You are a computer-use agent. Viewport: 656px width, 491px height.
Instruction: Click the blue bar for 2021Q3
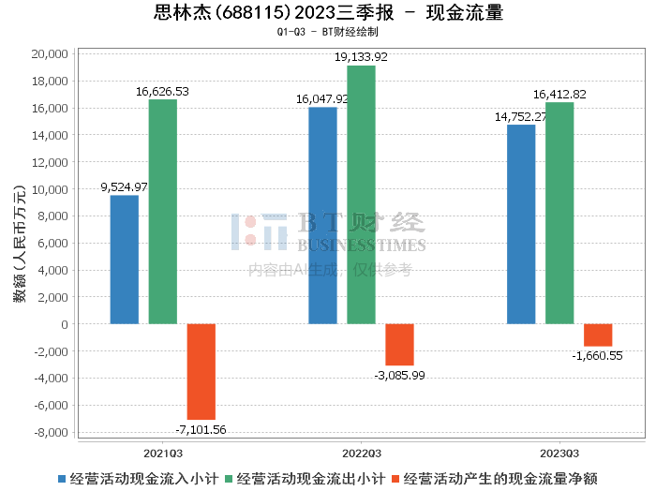click(124, 260)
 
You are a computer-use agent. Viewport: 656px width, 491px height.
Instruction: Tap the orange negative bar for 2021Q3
click(201, 372)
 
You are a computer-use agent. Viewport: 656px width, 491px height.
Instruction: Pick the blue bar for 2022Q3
click(322, 216)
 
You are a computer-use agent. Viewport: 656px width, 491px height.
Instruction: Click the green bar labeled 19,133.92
click(361, 195)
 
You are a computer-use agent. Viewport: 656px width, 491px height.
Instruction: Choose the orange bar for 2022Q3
click(399, 345)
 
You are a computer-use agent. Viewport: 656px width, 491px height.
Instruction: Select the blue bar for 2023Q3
click(521, 224)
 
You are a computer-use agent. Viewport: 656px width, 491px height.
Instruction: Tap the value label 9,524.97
click(124, 187)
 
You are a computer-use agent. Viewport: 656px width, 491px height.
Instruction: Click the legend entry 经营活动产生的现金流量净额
click(501, 478)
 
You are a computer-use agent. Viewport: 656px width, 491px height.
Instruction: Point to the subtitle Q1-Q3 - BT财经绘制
click(328, 32)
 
